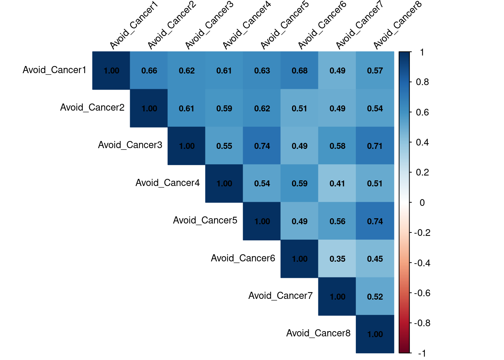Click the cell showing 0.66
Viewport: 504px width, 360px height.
149,70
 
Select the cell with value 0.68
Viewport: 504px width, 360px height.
300,70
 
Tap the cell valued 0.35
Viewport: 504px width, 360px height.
337,259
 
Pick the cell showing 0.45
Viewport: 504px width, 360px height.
375,259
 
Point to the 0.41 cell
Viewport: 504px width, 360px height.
337,183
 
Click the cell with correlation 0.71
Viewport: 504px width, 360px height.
375,146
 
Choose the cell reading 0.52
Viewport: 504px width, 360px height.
375,297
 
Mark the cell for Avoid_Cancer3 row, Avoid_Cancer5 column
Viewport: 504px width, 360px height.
262,146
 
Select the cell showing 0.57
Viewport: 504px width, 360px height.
375,70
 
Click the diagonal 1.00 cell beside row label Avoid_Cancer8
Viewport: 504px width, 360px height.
375,334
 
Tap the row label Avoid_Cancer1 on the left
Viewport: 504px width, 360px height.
54,70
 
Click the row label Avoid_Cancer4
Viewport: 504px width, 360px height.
168,183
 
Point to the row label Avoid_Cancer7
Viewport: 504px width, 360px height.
280,296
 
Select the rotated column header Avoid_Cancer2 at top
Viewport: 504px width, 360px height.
171,25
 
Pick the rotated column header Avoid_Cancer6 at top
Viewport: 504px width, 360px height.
322,25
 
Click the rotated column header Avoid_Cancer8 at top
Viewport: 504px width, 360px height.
397,25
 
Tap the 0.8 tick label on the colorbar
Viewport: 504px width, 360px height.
422,82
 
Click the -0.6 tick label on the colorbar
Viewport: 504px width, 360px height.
422,293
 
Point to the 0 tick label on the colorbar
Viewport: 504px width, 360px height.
422,203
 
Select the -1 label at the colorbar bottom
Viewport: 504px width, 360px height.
422,353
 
